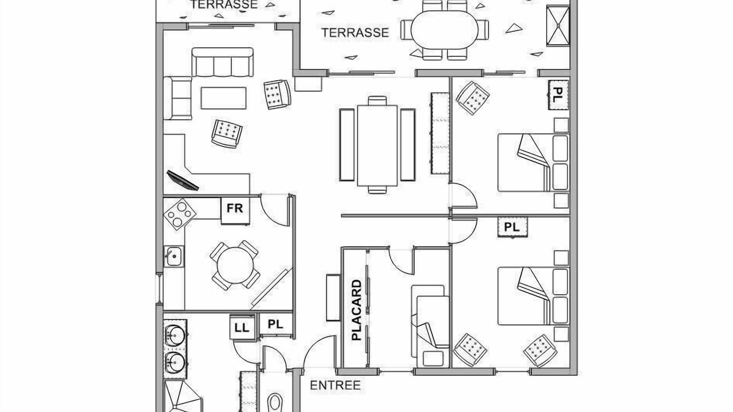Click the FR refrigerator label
click(x=235, y=208)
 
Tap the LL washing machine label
click(x=242, y=328)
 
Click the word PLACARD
click(x=356, y=310)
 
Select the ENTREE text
click(x=335, y=385)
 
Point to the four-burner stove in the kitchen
click(x=179, y=214)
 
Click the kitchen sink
click(x=174, y=256)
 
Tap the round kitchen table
click(x=235, y=265)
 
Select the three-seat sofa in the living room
click(x=222, y=62)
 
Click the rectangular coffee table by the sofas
click(x=223, y=98)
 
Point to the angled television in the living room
click(x=183, y=180)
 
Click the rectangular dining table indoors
click(x=377, y=145)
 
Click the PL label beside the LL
click(x=275, y=324)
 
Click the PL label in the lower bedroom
click(x=512, y=227)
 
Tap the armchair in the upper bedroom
click(x=473, y=98)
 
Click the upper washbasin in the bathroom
click(x=176, y=335)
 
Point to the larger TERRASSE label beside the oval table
click(x=355, y=33)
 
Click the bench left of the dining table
click(x=347, y=145)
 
